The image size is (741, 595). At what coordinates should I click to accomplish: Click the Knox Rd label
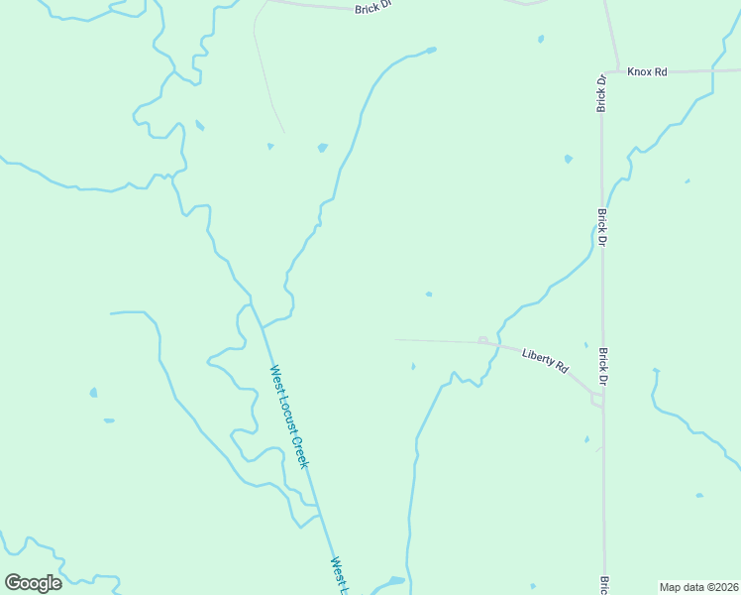[647, 72]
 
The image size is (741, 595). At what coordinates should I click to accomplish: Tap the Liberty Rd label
[546, 360]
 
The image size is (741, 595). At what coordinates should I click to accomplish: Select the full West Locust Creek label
[289, 416]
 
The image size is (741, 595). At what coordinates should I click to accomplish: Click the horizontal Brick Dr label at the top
[373, 7]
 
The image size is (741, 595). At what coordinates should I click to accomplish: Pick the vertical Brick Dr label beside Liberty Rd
[601, 365]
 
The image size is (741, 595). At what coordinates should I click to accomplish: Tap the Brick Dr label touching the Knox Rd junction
[600, 91]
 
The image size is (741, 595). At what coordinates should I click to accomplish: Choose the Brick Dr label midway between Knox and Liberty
[601, 227]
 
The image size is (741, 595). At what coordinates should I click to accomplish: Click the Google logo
[33, 582]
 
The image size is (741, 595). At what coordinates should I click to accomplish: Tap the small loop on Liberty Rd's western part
[482, 340]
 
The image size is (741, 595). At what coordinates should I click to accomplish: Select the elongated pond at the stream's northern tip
[428, 50]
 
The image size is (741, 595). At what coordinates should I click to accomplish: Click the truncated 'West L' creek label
[340, 575]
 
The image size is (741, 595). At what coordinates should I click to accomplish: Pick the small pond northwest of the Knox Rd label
[540, 40]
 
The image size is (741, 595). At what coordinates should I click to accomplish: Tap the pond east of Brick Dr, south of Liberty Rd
[699, 495]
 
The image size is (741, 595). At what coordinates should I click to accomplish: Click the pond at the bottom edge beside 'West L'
[395, 581]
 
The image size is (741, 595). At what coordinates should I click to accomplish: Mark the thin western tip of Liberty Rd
[398, 339]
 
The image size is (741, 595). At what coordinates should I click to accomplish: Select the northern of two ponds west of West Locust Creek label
[93, 393]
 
